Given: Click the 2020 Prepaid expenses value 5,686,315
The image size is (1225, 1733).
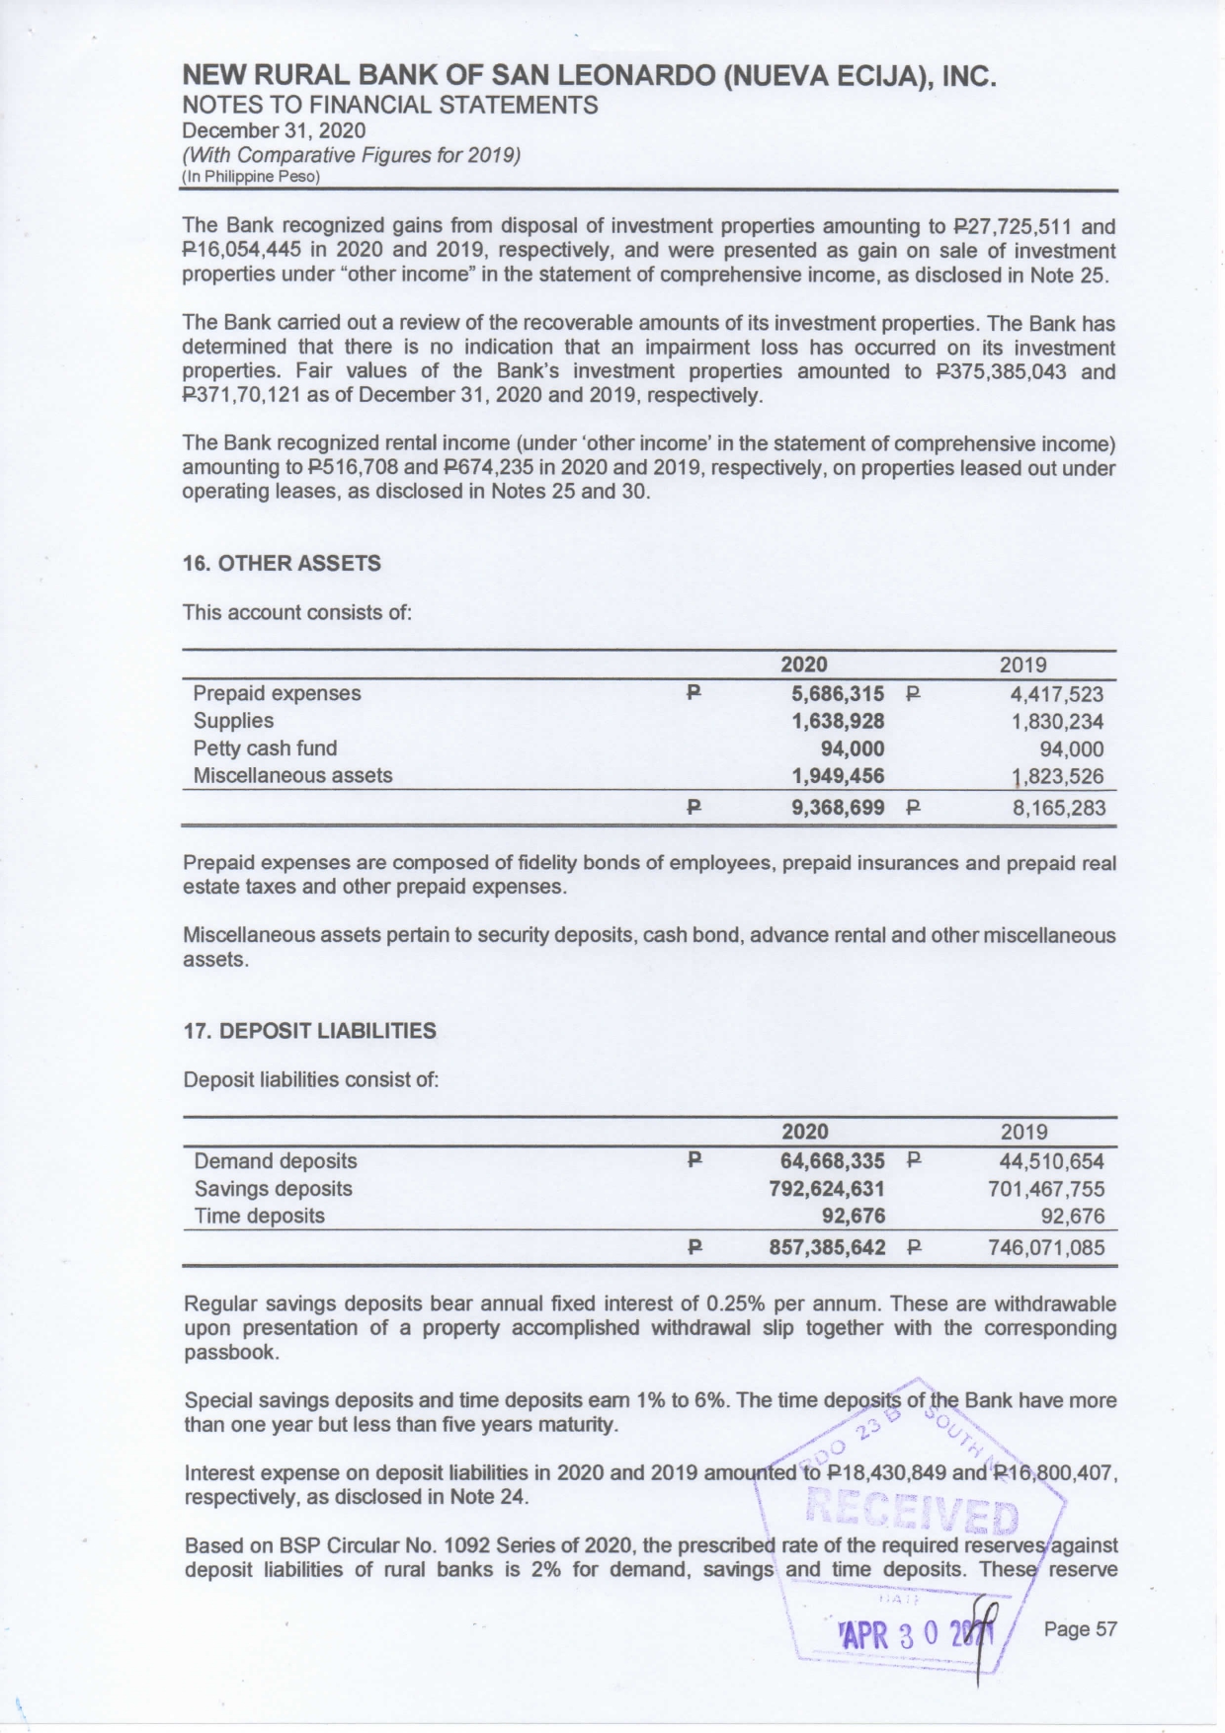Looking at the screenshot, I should [838, 694].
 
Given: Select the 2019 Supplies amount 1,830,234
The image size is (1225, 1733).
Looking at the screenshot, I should [1057, 722].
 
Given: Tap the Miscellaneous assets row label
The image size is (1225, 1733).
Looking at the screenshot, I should [292, 776].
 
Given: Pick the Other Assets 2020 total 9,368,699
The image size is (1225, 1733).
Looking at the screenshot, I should [838, 809].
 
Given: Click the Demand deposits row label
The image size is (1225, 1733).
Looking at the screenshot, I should [276, 1161].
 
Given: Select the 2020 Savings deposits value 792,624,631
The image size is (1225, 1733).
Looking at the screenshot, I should [827, 1189].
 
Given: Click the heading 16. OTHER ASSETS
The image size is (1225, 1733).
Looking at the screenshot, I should [282, 564].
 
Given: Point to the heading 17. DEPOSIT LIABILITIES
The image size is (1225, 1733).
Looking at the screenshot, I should [309, 1031].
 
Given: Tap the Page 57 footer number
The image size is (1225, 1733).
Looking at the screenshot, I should [1080, 1629].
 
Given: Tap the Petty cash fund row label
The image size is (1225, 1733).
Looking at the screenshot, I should [265, 748].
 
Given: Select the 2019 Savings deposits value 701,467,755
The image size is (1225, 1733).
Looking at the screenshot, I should [1046, 1189].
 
